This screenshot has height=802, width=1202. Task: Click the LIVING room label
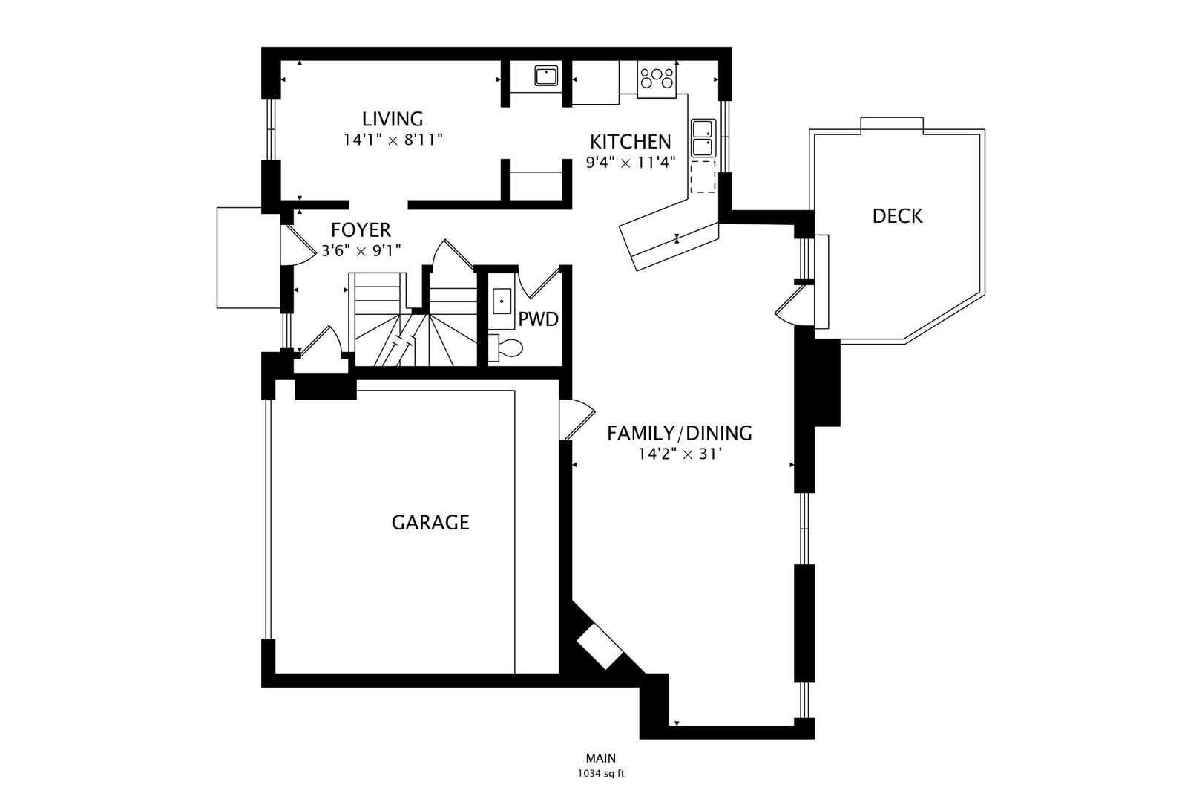(x=393, y=119)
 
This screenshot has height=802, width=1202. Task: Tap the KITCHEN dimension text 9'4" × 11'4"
(x=630, y=163)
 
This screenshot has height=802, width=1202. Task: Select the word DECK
(x=897, y=216)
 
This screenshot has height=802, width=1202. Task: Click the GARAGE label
(x=430, y=523)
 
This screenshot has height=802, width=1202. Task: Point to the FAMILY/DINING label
(x=679, y=433)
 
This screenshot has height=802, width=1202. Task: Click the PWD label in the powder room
(x=538, y=320)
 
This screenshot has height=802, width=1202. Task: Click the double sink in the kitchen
(x=702, y=139)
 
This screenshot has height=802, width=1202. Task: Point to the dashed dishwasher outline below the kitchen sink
(x=702, y=178)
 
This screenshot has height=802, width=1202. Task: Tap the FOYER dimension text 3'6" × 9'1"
(x=361, y=251)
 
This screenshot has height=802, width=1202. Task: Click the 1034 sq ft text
(x=600, y=774)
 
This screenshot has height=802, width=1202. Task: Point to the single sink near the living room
(x=546, y=76)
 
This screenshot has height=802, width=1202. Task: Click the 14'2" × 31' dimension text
(x=679, y=454)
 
